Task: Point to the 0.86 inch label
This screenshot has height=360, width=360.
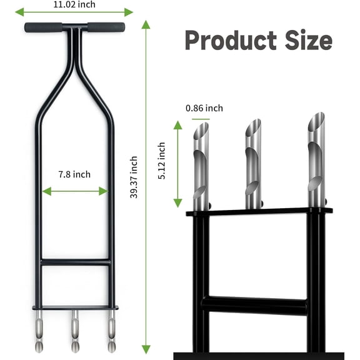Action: [x=204, y=108]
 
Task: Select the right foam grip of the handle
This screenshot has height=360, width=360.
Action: [x=105, y=28]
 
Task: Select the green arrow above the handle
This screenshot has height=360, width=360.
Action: [x=74, y=12]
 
